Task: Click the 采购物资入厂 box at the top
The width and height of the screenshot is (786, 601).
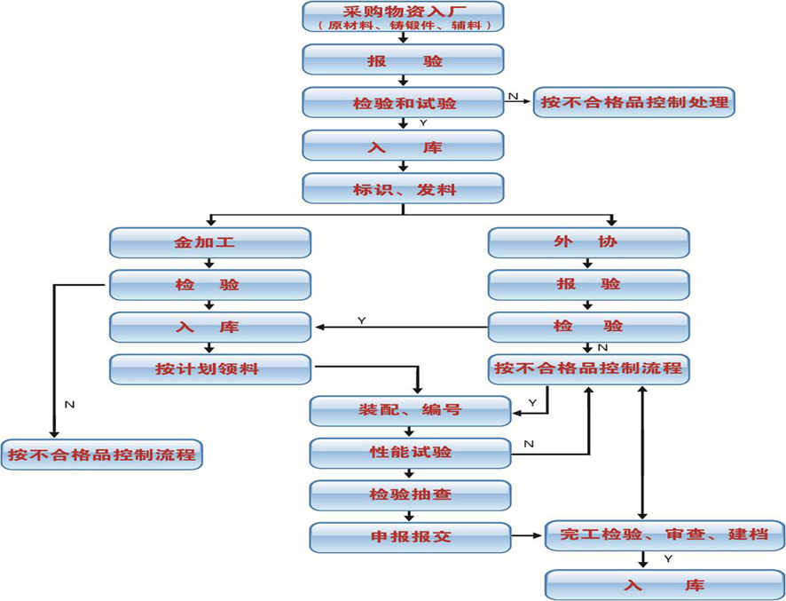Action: coord(403,12)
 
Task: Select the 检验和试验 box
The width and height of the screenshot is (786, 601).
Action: coord(403,103)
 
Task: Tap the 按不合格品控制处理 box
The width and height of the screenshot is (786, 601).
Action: coord(634,102)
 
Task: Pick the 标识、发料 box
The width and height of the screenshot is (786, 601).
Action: coord(403,188)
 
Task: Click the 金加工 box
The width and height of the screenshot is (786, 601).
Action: coord(209,242)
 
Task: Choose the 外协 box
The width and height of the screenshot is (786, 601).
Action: coord(588,242)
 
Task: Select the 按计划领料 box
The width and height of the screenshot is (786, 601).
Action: coord(209,368)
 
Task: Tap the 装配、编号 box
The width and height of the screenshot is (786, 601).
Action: coord(410,410)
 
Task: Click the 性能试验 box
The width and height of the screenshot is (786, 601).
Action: coord(410,452)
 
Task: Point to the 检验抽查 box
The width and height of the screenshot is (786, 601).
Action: coord(410,494)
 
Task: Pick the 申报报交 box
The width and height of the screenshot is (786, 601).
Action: coord(410,536)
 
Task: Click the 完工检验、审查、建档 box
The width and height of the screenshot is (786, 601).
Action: coord(665,535)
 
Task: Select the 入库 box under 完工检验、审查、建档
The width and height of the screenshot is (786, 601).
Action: coord(665,586)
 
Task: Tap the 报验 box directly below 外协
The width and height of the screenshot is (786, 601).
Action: coord(588,284)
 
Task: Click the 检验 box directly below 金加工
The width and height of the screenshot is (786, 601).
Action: coord(209,284)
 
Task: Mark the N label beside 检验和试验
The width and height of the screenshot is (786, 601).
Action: coord(513,94)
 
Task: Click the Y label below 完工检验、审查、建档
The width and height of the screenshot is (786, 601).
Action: coord(667,559)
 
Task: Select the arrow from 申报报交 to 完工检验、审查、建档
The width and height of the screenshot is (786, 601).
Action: coord(528,536)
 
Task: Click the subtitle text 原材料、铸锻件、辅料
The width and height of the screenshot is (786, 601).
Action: coord(403,26)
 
